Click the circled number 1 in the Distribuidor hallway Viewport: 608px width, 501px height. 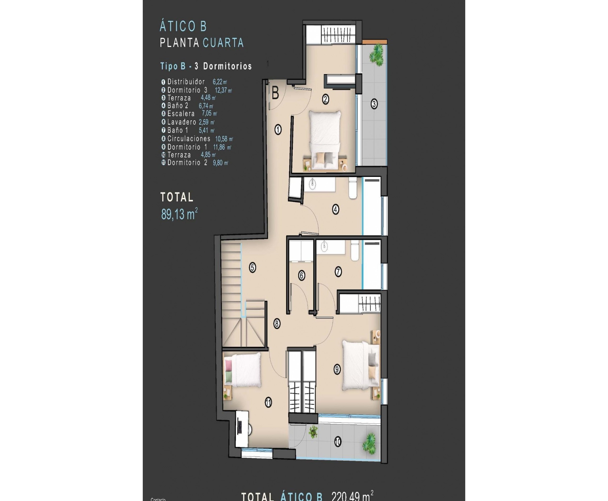click(278, 129)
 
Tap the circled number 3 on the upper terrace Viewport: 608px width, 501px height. click(374, 104)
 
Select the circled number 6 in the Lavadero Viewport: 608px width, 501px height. click(301, 275)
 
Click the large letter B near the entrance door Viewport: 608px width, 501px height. click(275, 94)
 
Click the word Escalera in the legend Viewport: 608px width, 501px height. click(181, 114)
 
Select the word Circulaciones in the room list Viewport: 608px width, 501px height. click(189, 138)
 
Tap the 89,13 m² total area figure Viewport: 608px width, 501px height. click(179, 214)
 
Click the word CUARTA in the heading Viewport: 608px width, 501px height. click(223, 43)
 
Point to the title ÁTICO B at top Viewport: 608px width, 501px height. click(183, 26)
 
